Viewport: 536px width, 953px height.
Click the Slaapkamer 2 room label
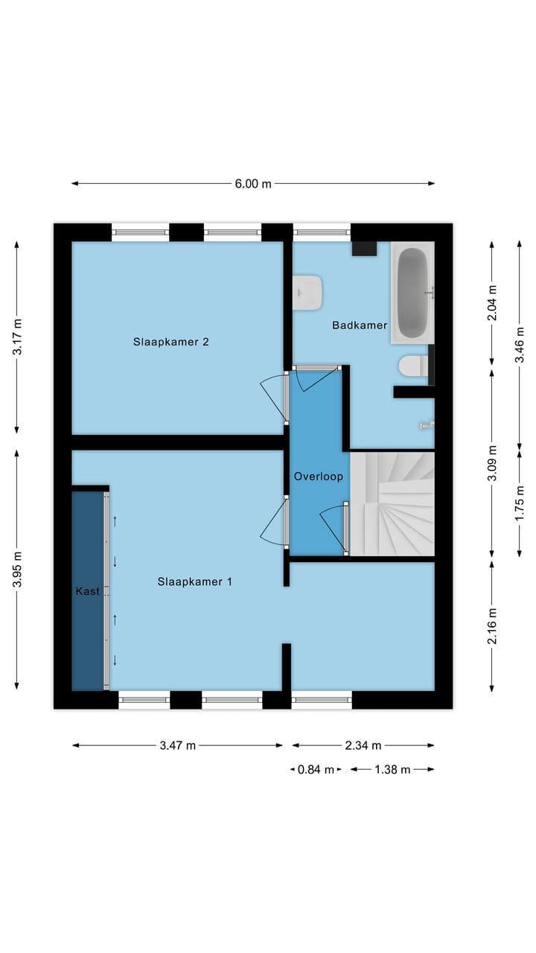pos(170,342)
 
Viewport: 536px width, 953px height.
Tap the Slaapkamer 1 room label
pos(194,581)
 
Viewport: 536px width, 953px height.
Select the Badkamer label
pos(360,325)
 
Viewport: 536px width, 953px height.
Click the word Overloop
pos(319,476)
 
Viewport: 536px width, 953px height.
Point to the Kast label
pos(87,591)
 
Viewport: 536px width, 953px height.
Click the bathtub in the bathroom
pos(412,292)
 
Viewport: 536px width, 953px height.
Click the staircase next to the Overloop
pos(392,504)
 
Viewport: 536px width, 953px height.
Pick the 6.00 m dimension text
pos(253,184)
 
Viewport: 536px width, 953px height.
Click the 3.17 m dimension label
pos(19,337)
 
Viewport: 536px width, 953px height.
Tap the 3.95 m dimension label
pos(19,570)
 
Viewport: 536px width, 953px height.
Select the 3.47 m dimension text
pos(178,745)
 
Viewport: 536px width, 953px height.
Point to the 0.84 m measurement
pos(316,770)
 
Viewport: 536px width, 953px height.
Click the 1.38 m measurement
pos(392,770)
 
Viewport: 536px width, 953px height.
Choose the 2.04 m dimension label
pos(491,303)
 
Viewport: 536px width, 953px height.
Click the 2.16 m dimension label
pos(491,626)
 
